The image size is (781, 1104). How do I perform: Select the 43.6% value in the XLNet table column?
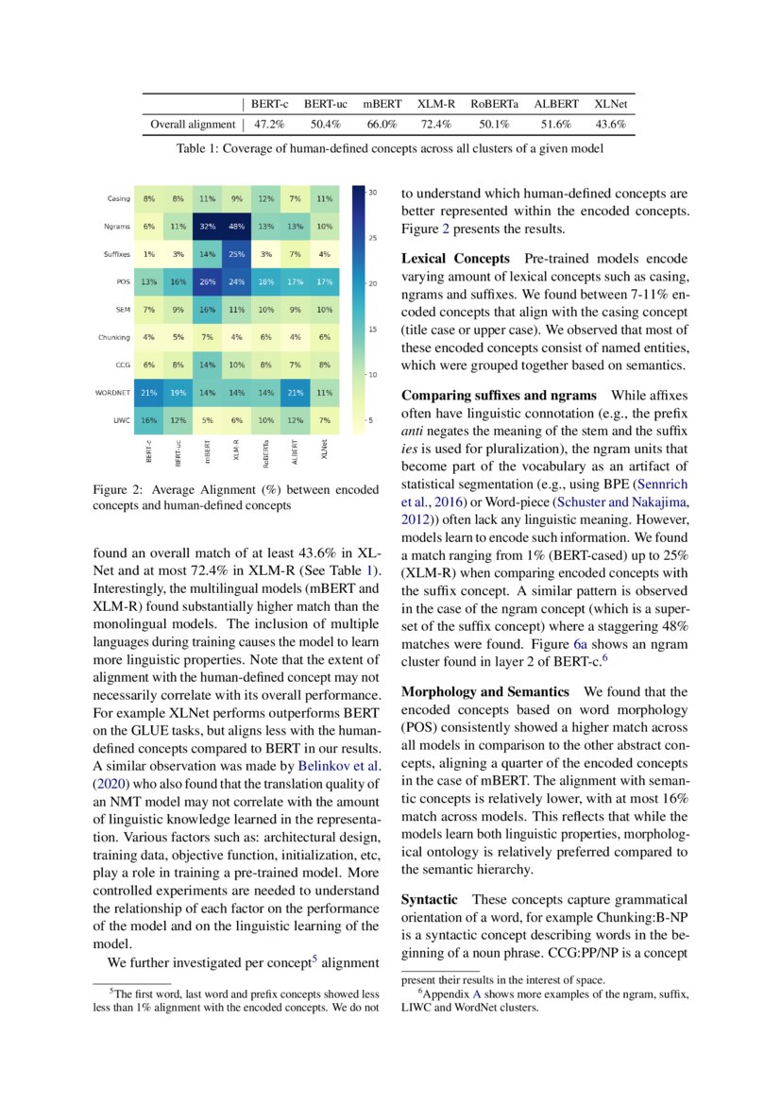610,124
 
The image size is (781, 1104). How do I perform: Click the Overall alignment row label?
193,124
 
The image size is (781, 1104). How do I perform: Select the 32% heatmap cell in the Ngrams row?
207,227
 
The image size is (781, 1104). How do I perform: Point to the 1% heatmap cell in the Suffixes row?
149,254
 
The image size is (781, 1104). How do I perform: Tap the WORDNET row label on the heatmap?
113,392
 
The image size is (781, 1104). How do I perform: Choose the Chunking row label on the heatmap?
113,337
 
